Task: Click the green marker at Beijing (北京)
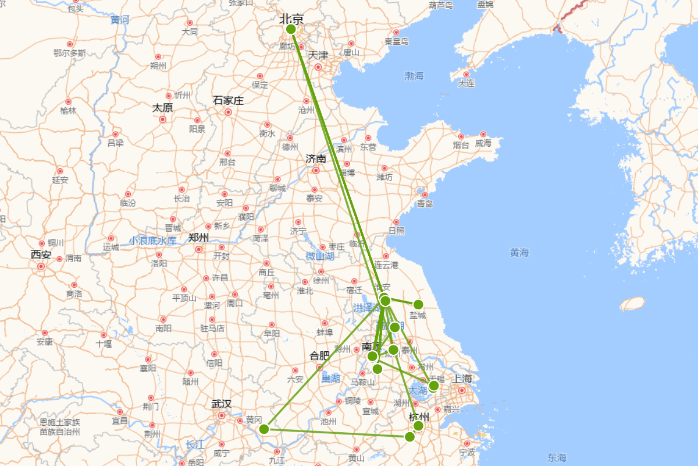pyautogui.click(x=291, y=29)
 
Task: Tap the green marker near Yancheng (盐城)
pyautogui.click(x=418, y=304)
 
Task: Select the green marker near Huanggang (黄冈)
pyautogui.click(x=263, y=429)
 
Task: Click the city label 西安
pyautogui.click(x=41, y=255)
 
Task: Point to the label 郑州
pyautogui.click(x=198, y=238)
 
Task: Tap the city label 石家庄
pyautogui.click(x=228, y=100)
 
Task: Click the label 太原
pyautogui.click(x=163, y=108)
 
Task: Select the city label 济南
pyautogui.click(x=316, y=158)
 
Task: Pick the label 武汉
pyautogui.click(x=221, y=404)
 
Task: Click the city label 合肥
pyautogui.click(x=319, y=355)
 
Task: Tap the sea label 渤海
pyautogui.click(x=414, y=76)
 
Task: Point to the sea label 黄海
pyautogui.click(x=519, y=252)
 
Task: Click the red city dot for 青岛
pyautogui.click(x=425, y=195)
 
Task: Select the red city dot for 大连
pyautogui.click(x=466, y=74)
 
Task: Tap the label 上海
pyautogui.click(x=462, y=379)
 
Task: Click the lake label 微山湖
pyautogui.click(x=320, y=256)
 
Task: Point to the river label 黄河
pyautogui.click(x=120, y=20)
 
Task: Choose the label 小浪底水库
pyautogui.click(x=152, y=241)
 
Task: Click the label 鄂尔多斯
pyautogui.click(x=70, y=53)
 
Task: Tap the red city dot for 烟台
pyautogui.click(x=461, y=136)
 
